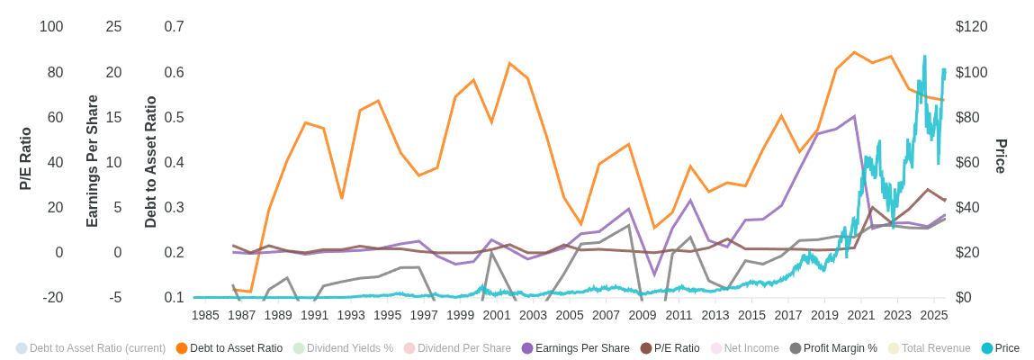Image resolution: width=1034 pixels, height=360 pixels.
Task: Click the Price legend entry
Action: [x=1006, y=348]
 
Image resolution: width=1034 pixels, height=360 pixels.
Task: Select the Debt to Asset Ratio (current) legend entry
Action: [x=97, y=348]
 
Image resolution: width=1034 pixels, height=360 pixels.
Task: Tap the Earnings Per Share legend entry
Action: [x=582, y=348]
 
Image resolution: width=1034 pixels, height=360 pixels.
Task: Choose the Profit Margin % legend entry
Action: [x=840, y=348]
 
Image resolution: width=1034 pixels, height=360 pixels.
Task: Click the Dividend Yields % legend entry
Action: [x=349, y=348]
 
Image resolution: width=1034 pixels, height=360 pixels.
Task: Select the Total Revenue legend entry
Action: [x=936, y=348]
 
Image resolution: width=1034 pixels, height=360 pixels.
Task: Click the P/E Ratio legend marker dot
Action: [x=646, y=348]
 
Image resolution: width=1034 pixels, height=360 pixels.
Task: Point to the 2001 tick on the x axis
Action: [x=497, y=315]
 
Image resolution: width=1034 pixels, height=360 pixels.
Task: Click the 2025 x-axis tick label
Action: [x=934, y=315]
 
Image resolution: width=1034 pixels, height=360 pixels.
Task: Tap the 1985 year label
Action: [x=205, y=315]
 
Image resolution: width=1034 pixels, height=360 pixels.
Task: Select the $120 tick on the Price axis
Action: [x=971, y=27]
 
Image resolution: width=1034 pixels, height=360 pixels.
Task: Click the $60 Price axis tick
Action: [x=967, y=163]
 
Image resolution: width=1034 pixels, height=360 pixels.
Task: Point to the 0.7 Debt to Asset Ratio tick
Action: [x=174, y=27]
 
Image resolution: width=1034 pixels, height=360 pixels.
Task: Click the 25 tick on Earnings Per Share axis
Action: [x=113, y=27]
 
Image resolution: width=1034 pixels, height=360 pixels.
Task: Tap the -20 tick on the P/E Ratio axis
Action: [x=52, y=298]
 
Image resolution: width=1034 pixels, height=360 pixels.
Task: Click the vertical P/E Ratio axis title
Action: [x=25, y=158]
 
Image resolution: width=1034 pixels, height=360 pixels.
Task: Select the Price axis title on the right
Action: [x=1001, y=157]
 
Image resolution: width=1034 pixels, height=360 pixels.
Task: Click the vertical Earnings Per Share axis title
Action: [x=92, y=161]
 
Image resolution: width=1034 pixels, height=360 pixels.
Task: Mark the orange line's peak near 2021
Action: [x=854, y=52]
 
